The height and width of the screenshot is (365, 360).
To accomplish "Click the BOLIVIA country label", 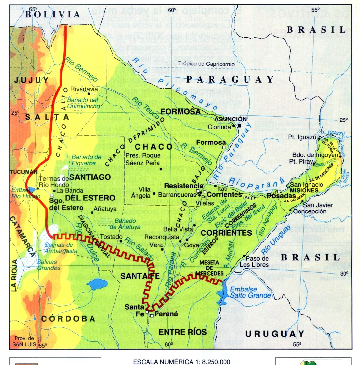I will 52,14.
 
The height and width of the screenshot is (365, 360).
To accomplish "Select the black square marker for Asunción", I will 240,126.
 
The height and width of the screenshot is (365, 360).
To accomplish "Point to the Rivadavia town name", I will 84,89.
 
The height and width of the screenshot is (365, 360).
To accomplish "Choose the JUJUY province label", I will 31,80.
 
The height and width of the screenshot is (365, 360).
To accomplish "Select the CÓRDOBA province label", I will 68,319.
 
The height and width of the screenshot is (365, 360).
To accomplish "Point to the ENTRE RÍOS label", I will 182,332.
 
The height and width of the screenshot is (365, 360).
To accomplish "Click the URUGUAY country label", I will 275,334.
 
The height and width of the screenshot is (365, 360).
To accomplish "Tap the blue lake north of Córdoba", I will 97,284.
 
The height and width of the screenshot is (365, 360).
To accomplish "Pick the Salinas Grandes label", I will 48,265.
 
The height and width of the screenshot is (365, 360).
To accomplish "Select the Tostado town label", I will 111,237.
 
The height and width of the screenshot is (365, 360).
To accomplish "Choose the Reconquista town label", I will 162,237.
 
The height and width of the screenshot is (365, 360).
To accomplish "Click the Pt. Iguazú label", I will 302,137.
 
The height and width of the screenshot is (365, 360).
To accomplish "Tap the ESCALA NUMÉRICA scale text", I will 181,361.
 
